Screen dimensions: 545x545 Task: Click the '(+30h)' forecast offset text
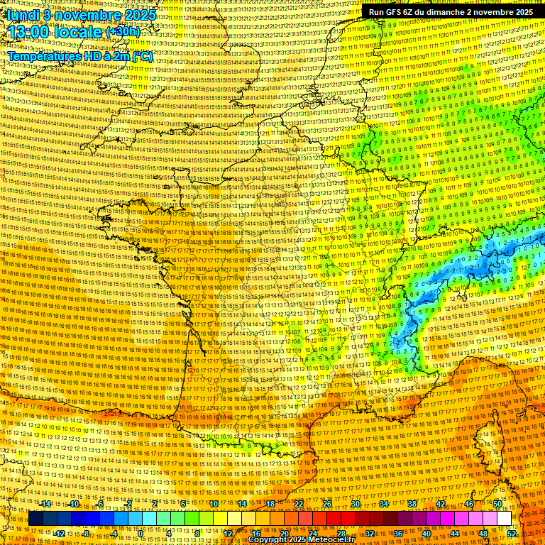click(123, 32)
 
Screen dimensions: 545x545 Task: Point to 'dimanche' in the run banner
click(444, 12)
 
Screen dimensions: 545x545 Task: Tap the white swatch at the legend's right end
click(504, 519)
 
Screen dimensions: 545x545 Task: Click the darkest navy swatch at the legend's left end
click(35, 519)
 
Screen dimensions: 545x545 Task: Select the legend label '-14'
click(45, 504)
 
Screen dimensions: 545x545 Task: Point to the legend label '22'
click(298, 504)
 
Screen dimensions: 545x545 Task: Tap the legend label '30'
click(355, 504)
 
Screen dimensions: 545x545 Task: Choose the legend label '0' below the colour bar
click(141, 534)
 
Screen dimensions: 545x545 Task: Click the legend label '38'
click(412, 504)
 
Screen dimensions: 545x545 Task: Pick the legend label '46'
click(468, 504)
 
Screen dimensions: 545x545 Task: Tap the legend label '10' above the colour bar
click(213, 504)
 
